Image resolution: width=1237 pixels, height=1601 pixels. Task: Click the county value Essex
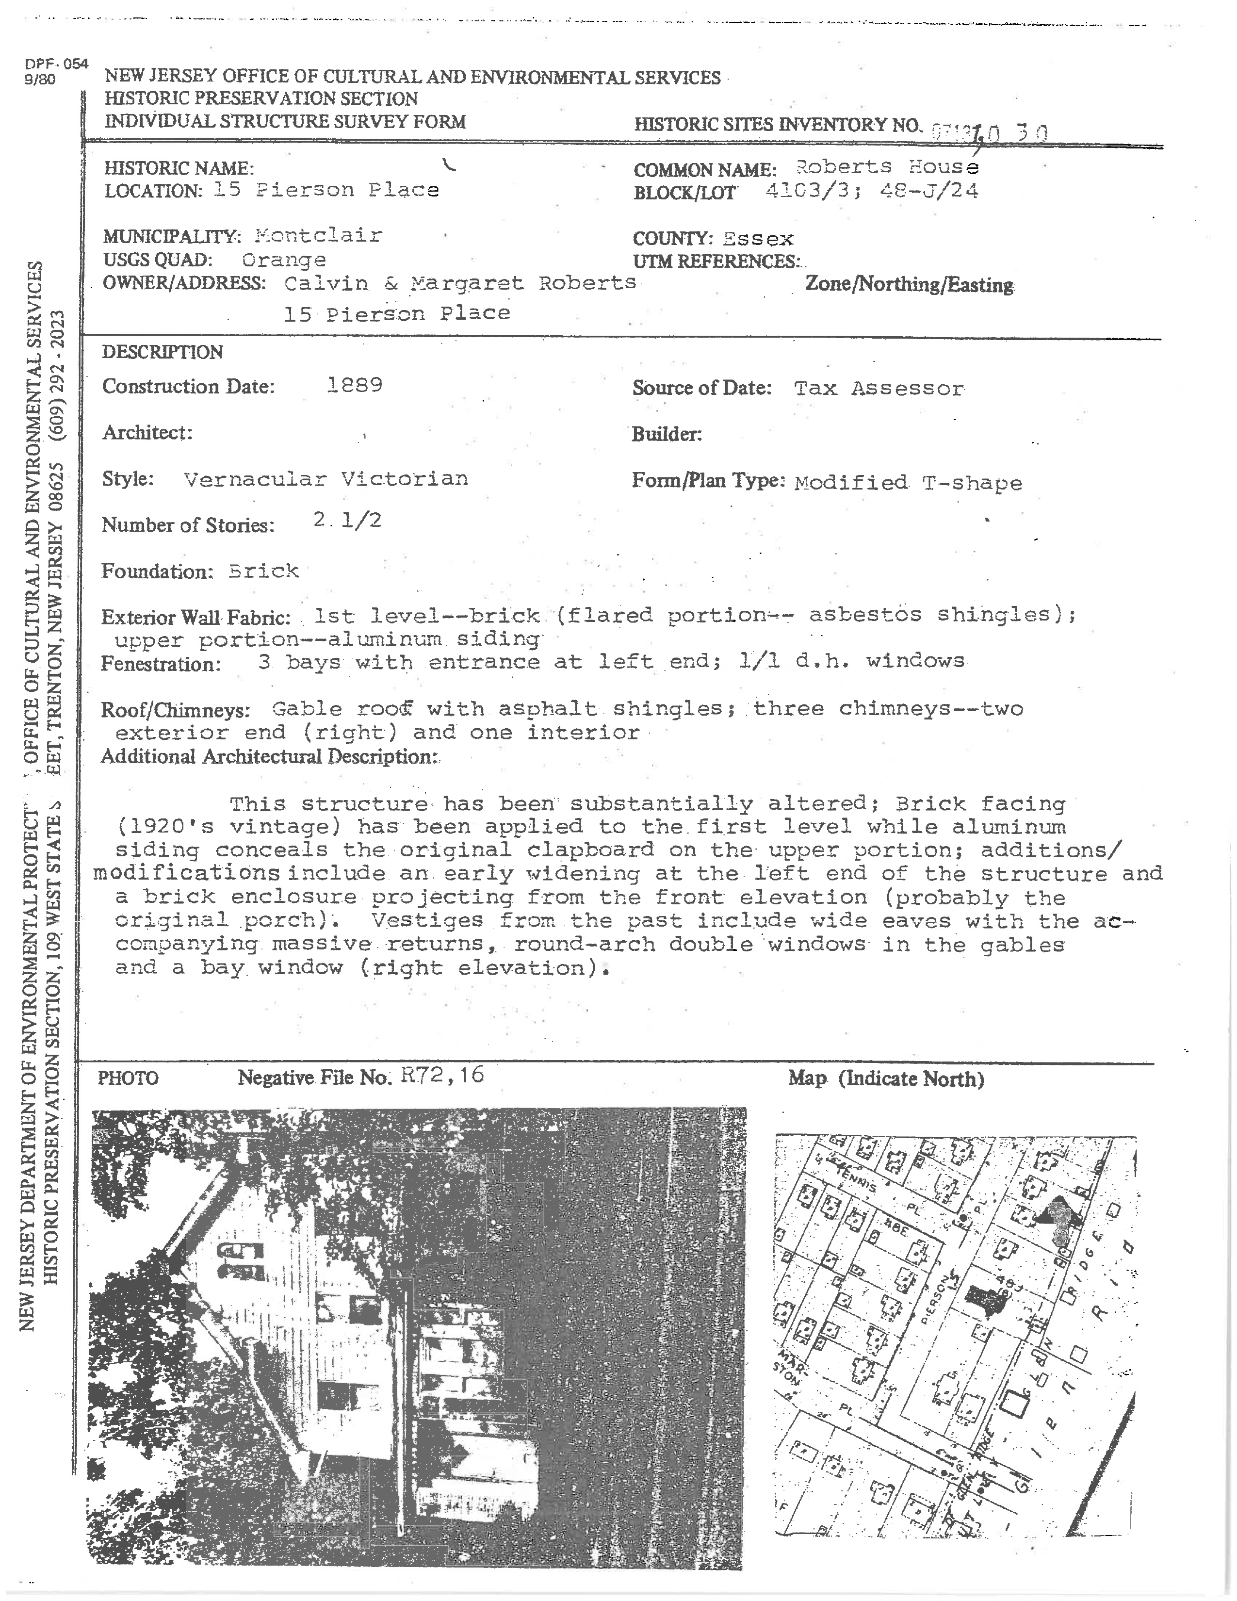click(x=758, y=239)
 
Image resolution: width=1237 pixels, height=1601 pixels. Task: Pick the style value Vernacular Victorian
click(x=326, y=479)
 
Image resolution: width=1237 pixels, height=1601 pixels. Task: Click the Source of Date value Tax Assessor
click(x=879, y=389)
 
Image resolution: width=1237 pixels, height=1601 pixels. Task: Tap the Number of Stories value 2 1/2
click(x=347, y=521)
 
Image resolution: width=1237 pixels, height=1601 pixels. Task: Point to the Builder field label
click(x=666, y=435)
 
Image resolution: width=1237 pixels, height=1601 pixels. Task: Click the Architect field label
click(x=147, y=432)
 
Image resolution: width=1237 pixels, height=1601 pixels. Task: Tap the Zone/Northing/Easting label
click(x=909, y=284)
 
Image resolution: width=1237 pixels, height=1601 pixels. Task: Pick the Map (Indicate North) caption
click(x=886, y=1078)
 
